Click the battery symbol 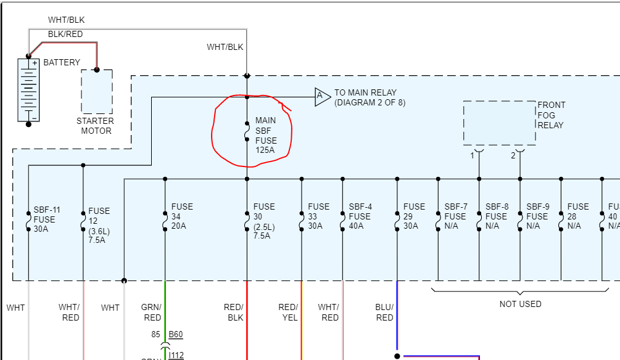point(28,89)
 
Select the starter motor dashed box point(97,91)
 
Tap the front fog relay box point(499,123)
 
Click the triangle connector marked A point(321,96)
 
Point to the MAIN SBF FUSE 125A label point(266,135)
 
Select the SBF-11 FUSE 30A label point(44,219)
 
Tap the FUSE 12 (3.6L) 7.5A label point(99,226)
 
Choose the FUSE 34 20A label point(182,216)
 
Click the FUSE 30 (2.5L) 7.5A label point(264,221)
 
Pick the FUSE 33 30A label point(319,216)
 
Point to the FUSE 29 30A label point(414,216)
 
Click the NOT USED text point(520,304)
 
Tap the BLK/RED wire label point(65,35)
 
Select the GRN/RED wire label point(152,313)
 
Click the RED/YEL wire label point(288,313)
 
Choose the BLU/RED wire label point(384,313)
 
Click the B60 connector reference point(176,335)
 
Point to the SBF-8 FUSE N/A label point(497,216)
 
